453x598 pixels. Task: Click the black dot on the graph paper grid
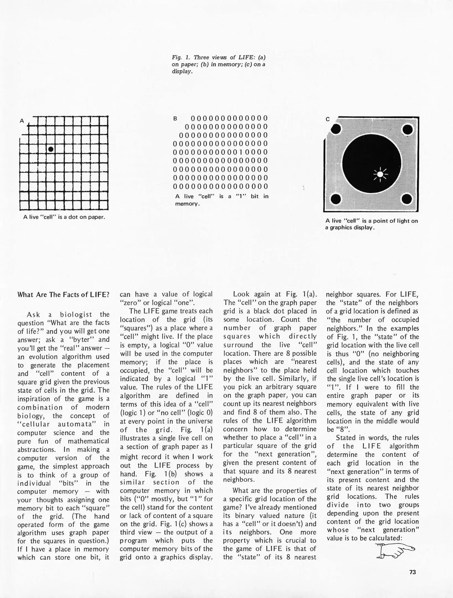coord(51,149)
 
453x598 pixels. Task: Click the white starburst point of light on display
coord(380,174)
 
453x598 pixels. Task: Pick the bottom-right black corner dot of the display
coord(407,199)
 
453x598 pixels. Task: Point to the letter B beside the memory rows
coord(175,119)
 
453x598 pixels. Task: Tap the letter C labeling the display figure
coord(328,119)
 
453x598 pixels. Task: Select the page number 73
coord(412,572)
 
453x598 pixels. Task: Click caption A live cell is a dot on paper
coord(64,217)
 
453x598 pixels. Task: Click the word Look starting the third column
coord(241,294)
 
